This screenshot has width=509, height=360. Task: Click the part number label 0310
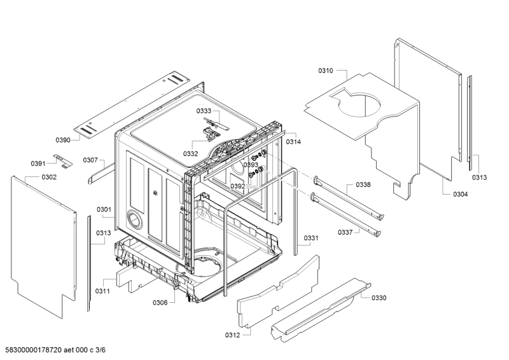(325, 71)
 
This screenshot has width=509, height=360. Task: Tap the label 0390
(62, 140)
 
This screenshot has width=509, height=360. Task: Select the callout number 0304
(460, 194)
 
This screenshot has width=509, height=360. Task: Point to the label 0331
(311, 238)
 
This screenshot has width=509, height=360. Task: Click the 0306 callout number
(160, 303)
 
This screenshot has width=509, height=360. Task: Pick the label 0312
(232, 335)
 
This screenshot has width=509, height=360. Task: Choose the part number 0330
(379, 298)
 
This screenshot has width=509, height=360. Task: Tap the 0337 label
(345, 232)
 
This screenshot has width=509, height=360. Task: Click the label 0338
(363, 184)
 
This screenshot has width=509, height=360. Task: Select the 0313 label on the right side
(479, 177)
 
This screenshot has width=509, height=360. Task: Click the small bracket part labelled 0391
(63, 161)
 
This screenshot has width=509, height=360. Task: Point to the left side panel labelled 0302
(43, 247)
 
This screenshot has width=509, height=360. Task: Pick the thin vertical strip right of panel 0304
(470, 123)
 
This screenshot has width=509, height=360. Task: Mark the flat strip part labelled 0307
(101, 173)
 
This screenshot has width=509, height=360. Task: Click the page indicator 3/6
(101, 350)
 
